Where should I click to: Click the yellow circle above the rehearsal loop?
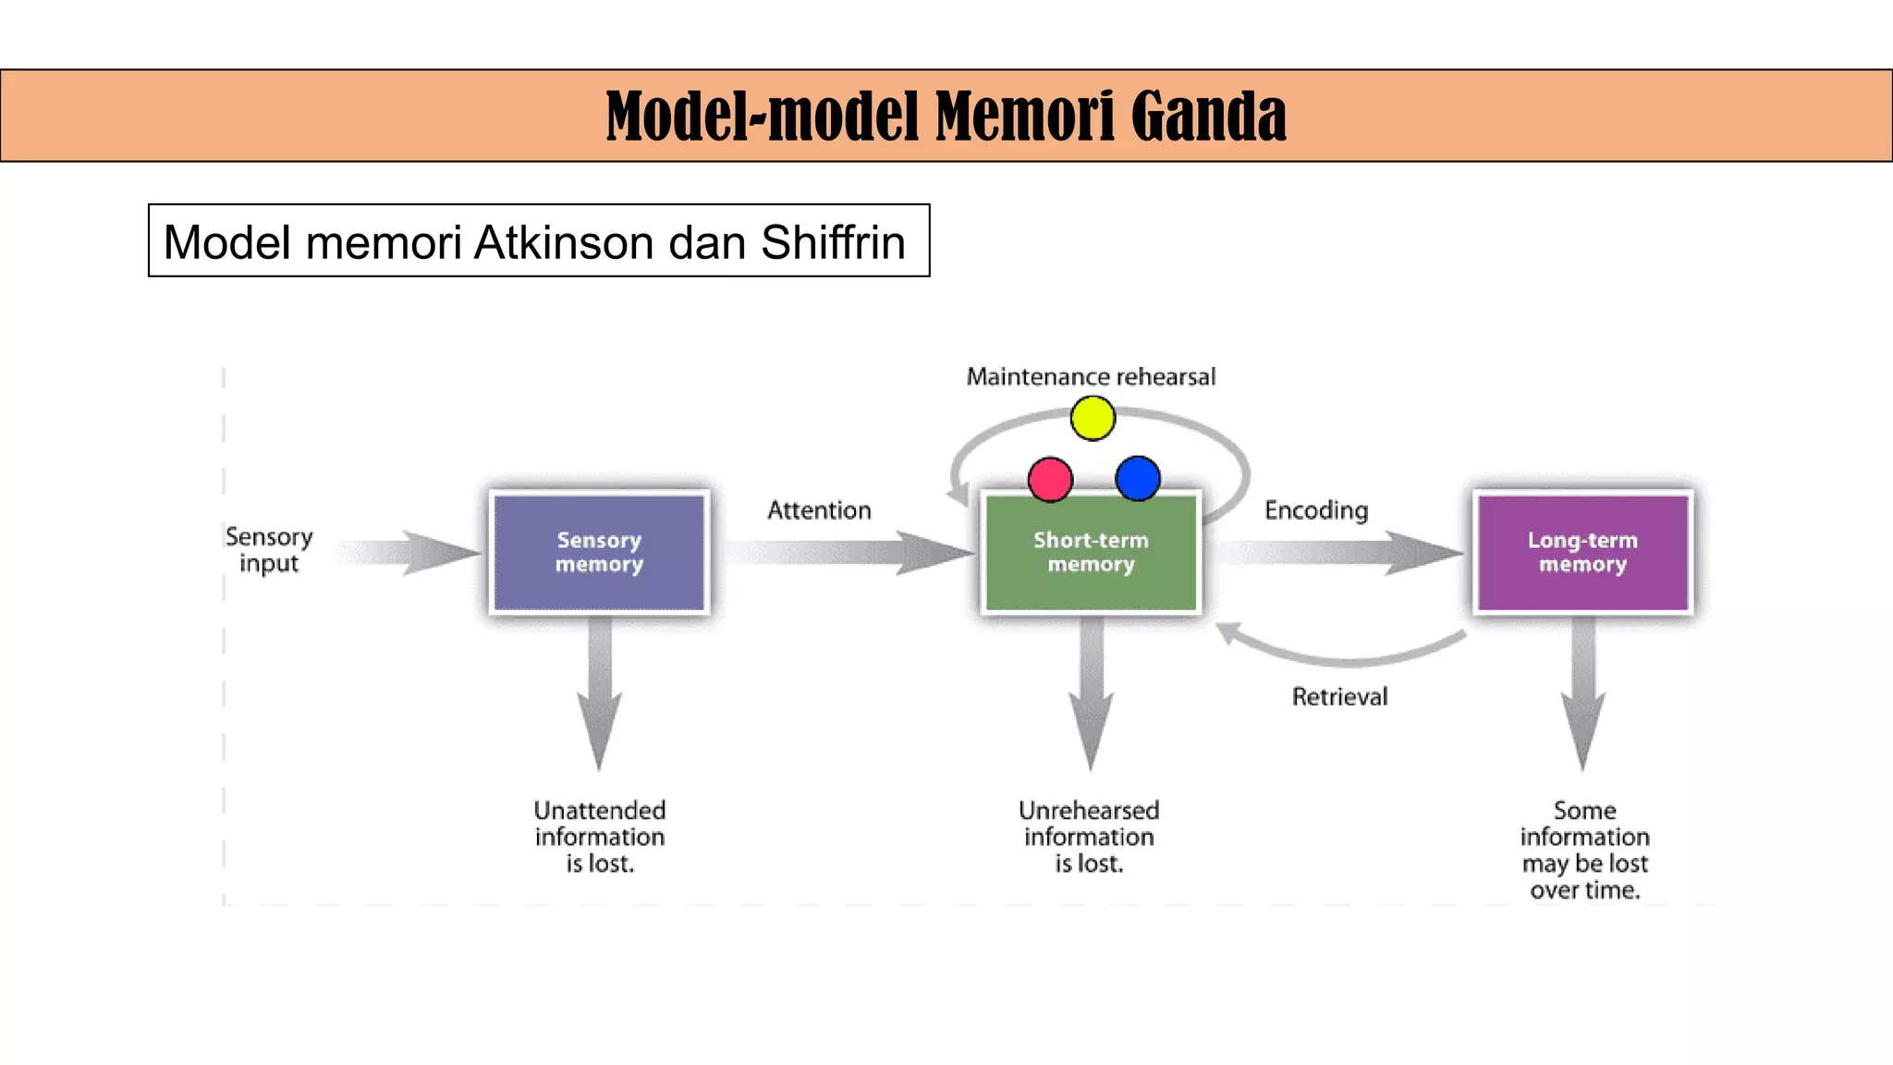1093,418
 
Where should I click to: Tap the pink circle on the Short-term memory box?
1050,479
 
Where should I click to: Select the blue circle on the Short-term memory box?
1138,478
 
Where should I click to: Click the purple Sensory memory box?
599,553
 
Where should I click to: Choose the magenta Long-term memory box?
1582,553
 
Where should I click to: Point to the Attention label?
819,510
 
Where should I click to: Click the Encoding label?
1316,510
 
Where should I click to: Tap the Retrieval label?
1339,697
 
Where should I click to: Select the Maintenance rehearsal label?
1091,377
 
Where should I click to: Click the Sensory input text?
269,550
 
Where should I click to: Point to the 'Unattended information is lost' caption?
600,837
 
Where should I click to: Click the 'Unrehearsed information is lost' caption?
1089,837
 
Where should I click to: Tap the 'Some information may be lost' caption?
1584,850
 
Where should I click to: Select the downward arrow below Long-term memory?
1582,693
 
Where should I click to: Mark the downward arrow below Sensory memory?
599,693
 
